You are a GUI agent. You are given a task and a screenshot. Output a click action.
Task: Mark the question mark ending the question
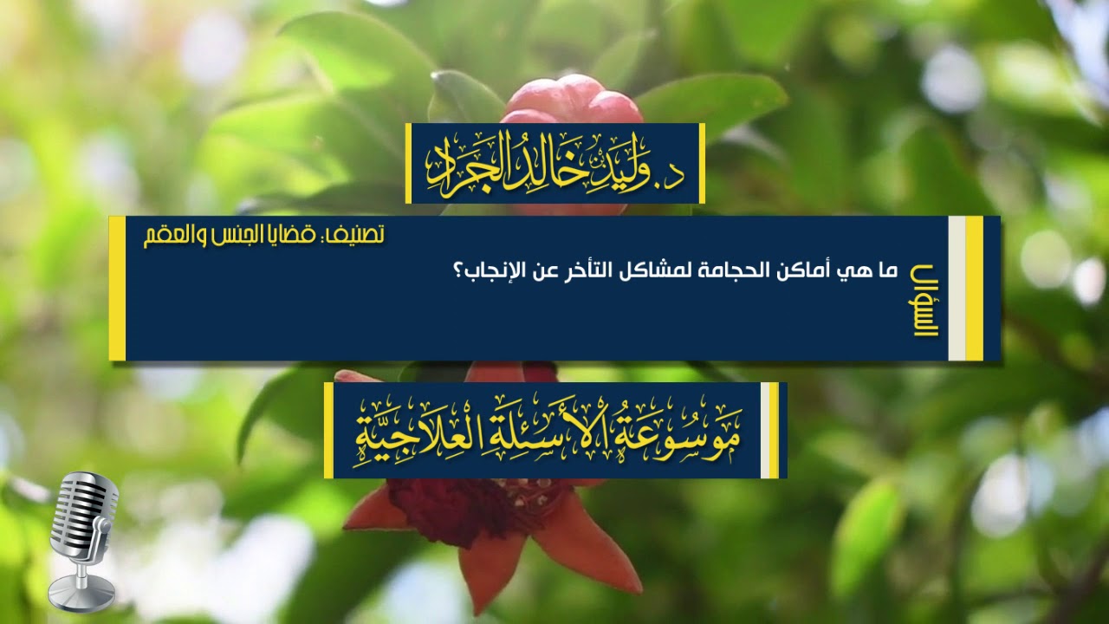pos(457,272)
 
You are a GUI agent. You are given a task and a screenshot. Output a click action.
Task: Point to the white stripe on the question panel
pos(957,288)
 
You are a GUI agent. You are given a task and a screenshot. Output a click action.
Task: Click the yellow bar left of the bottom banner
pos(328,431)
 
